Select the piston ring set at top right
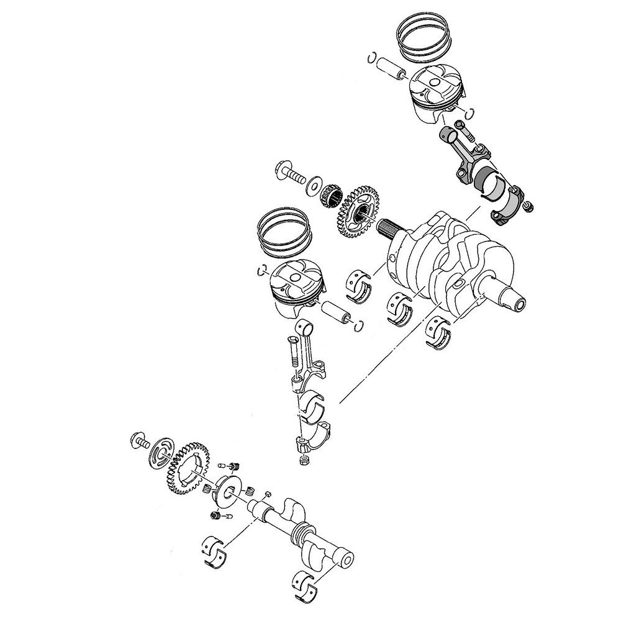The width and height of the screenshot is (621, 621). (424, 39)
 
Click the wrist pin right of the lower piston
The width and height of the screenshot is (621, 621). (338, 310)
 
